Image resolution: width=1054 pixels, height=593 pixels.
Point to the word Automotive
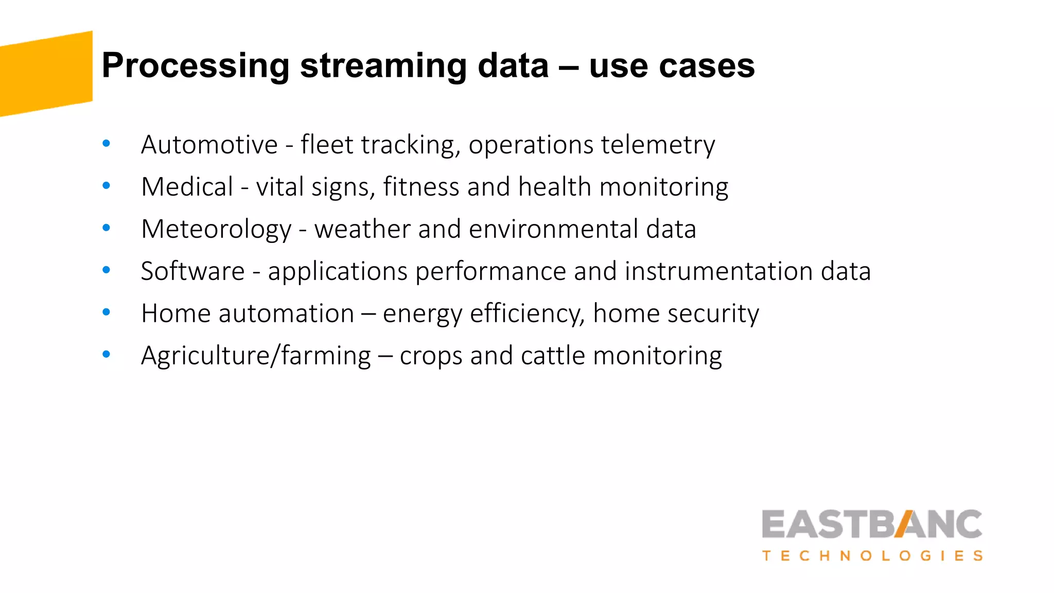click(209, 145)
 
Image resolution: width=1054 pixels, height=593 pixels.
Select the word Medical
click(187, 187)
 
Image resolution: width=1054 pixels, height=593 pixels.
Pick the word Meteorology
click(216, 230)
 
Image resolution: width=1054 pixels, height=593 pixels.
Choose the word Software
click(192, 271)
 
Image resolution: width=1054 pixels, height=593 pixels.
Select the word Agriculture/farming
click(256, 356)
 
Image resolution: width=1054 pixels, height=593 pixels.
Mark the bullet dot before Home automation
click(107, 312)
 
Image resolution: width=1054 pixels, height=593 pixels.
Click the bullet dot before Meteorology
click(107, 228)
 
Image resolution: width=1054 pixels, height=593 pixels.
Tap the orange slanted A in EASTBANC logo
click(906, 524)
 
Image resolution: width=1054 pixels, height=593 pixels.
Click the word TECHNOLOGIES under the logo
click(872, 556)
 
